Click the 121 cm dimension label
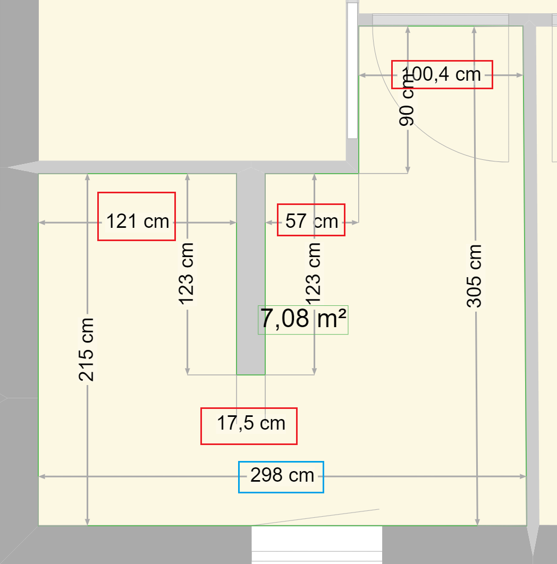point(138,221)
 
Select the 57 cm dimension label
point(312,221)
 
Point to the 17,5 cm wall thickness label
point(251,423)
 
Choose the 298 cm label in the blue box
point(282,475)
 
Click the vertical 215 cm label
point(87,349)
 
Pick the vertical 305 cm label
point(474,276)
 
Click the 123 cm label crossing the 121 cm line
point(186,274)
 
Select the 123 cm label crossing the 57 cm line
point(313,274)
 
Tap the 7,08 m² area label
point(303,319)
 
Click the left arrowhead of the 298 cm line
point(42,476)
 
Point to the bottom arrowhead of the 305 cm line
point(477,522)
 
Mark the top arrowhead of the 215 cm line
point(88,177)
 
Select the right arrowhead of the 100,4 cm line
point(520,75)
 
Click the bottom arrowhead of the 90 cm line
point(408,170)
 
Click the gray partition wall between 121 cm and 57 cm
point(251,274)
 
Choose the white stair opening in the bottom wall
point(316,544)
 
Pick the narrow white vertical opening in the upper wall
point(352,71)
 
